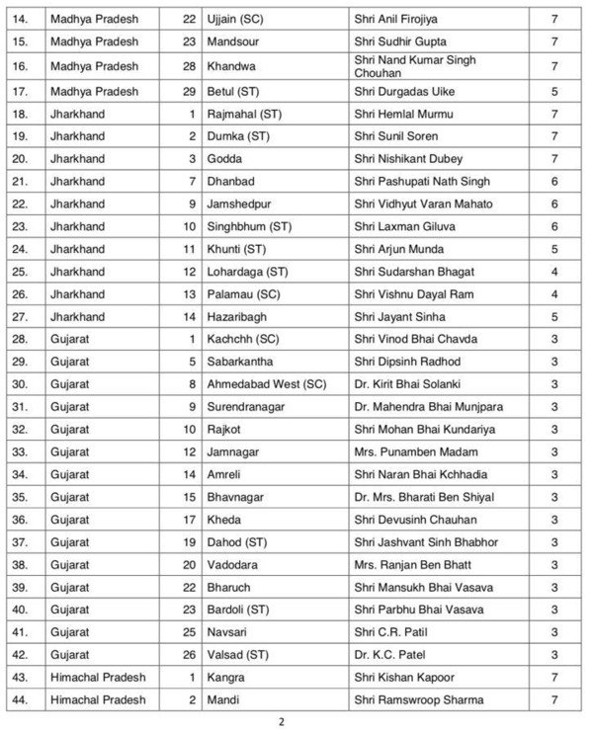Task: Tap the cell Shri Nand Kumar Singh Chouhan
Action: (415, 66)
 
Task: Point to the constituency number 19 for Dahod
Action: (191, 541)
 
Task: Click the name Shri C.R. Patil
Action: (389, 631)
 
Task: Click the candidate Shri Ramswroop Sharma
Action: (418, 699)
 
